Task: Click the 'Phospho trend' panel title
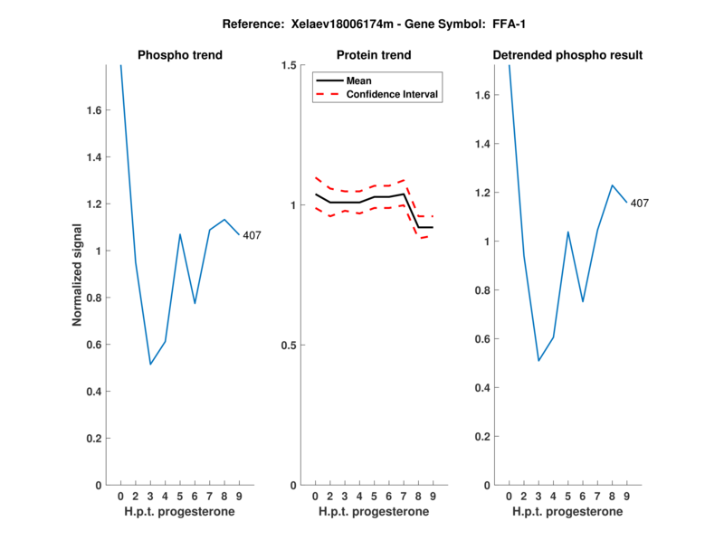(180, 55)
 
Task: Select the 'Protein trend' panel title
(374, 55)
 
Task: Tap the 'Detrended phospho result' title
(567, 55)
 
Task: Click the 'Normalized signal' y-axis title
(78, 275)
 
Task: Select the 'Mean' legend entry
(359, 81)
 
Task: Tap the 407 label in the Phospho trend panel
(252, 235)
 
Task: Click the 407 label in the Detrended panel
(640, 203)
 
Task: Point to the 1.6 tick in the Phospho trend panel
(93, 110)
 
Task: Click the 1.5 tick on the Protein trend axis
(290, 65)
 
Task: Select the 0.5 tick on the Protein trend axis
(290, 346)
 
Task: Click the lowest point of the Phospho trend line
(150, 364)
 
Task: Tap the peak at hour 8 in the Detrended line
(613, 185)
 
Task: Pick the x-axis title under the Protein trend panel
(374, 512)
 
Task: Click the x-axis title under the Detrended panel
(567, 512)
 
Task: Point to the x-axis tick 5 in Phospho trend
(180, 497)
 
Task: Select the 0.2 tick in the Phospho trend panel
(93, 439)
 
